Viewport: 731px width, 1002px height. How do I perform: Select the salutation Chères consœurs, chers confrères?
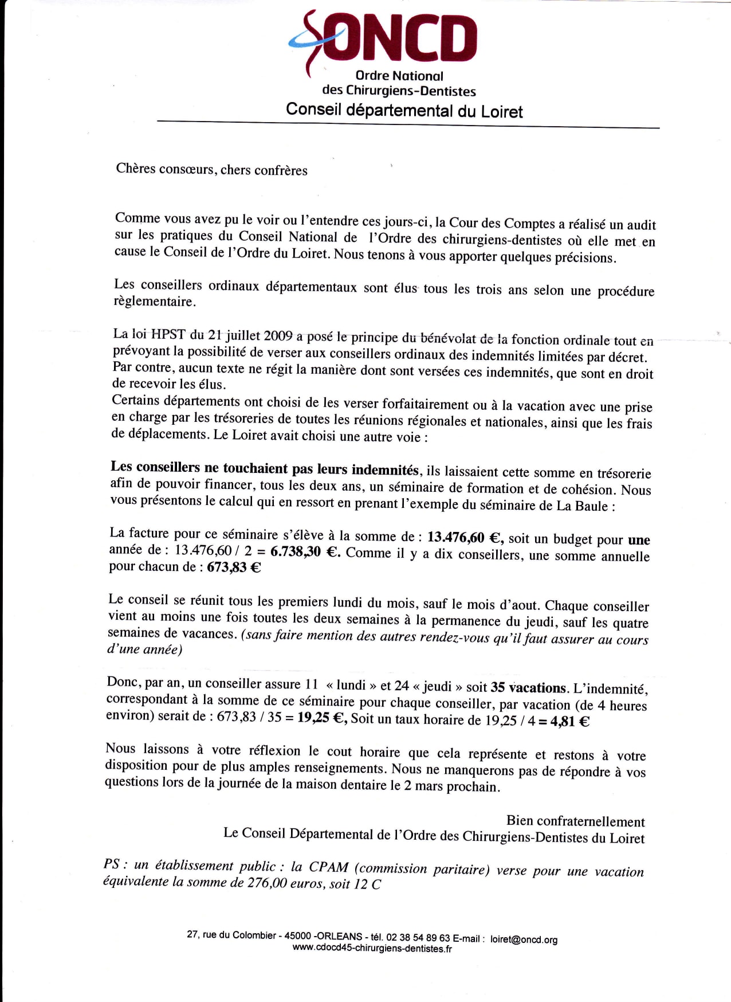211,170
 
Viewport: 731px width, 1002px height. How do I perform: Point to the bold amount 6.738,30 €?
305,553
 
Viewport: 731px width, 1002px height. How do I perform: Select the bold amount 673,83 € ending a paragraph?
234,567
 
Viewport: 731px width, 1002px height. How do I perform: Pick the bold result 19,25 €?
322,719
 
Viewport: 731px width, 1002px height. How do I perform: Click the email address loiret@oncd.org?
524,940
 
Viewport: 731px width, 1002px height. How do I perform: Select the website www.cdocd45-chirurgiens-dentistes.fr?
372,949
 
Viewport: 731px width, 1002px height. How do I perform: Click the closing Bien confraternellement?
575,821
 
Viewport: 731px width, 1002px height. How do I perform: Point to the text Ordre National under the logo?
399,76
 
